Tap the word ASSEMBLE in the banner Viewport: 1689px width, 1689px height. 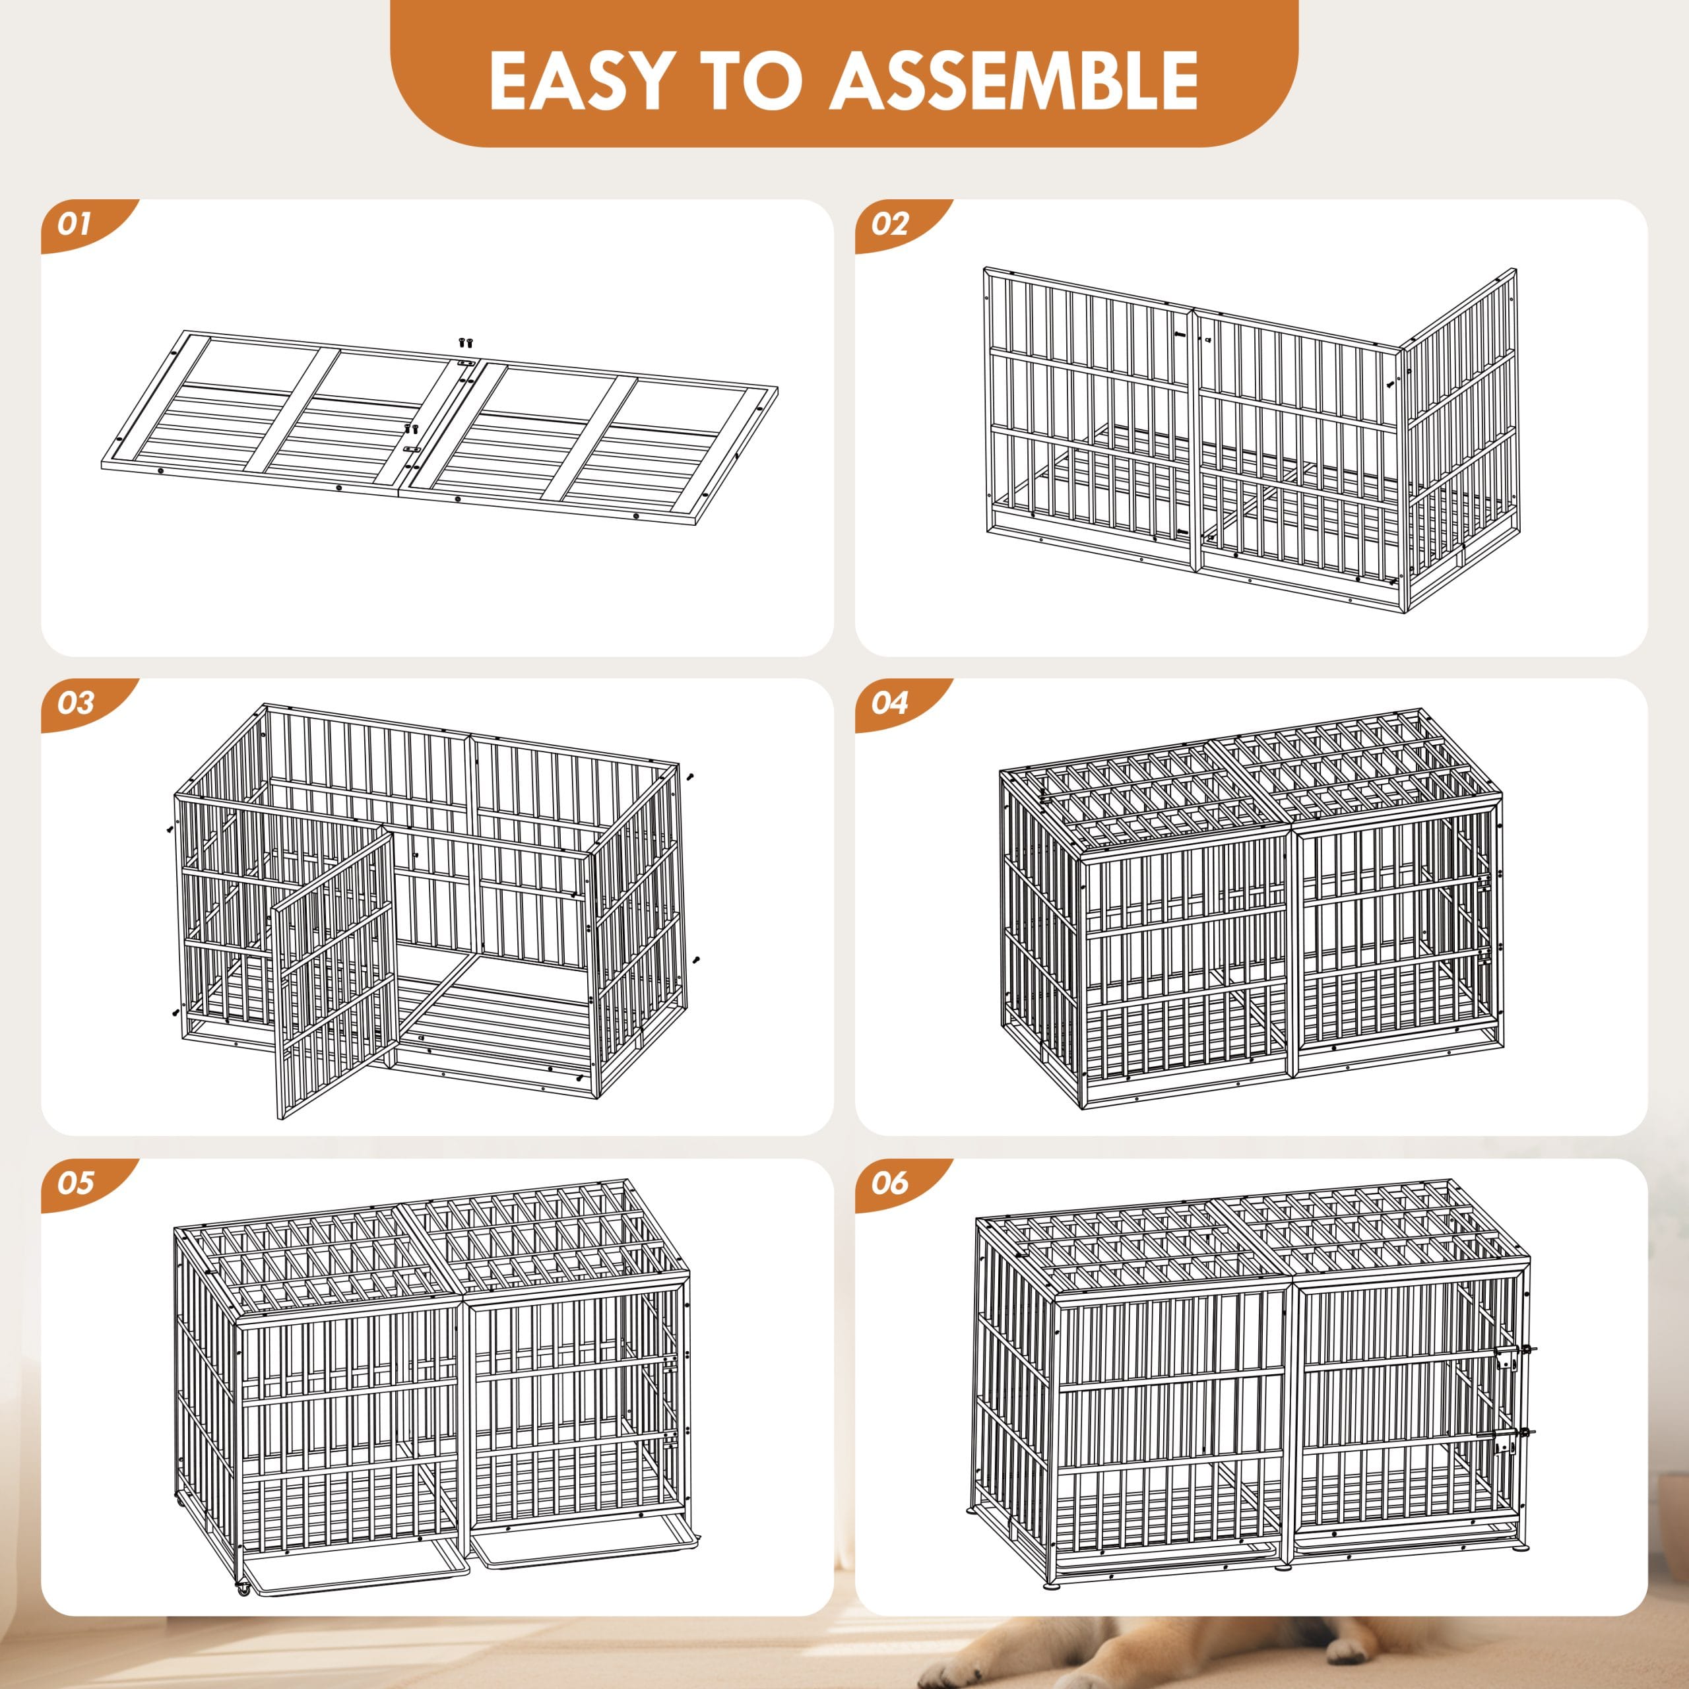click(x=1013, y=80)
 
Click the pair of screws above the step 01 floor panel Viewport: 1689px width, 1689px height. click(x=466, y=342)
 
